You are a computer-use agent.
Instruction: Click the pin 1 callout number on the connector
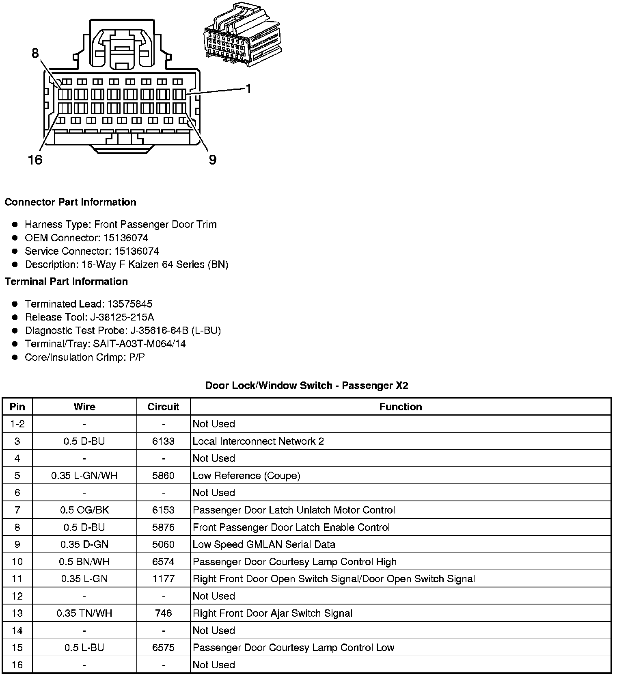point(248,89)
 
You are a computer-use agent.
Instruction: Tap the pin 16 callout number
point(35,160)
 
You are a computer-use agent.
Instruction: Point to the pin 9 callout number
point(213,160)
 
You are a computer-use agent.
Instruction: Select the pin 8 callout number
point(35,53)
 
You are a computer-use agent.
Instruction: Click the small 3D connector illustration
point(242,36)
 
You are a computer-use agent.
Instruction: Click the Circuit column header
point(163,407)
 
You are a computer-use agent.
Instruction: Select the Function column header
point(400,407)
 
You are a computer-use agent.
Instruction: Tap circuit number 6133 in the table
point(163,441)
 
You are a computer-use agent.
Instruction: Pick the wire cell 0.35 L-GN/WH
point(84,476)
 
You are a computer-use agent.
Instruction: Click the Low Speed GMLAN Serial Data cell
point(264,544)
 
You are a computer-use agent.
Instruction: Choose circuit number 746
point(163,613)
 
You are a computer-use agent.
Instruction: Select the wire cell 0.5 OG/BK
point(84,510)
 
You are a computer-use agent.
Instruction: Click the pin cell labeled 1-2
point(17,424)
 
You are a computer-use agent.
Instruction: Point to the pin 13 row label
point(17,613)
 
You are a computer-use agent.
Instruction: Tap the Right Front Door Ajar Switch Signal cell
point(272,613)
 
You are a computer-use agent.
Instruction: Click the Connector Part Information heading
point(70,202)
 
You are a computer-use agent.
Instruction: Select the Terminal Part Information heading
point(66,282)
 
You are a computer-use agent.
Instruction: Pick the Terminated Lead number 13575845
point(129,304)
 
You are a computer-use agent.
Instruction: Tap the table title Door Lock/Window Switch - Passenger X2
point(306,385)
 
